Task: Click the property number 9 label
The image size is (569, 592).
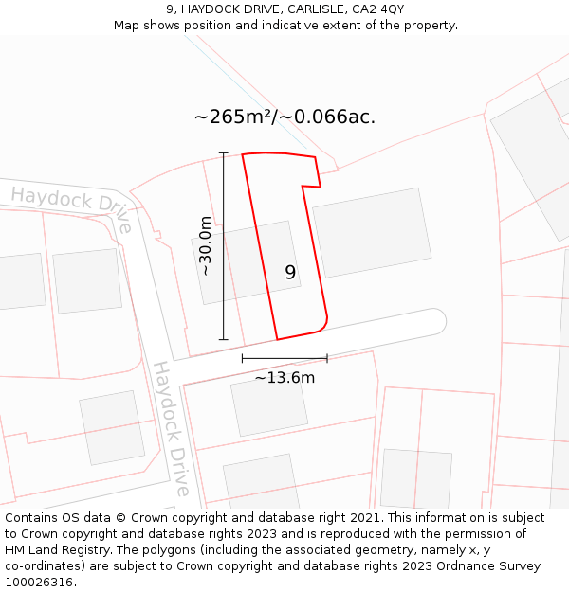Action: tap(290, 273)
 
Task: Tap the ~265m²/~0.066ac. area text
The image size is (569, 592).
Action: tap(284, 117)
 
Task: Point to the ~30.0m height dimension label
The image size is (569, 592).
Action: tap(205, 245)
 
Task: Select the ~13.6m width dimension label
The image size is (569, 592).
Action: tap(284, 378)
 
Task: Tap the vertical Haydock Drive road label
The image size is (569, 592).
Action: tap(172, 428)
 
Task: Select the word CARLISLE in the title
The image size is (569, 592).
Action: tap(295, 9)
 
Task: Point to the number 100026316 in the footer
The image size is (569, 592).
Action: tap(39, 582)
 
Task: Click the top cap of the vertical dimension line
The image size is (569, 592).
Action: tap(224, 152)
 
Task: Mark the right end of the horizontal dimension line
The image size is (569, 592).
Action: tap(327, 358)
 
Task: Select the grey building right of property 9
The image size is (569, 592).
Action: tap(372, 232)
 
